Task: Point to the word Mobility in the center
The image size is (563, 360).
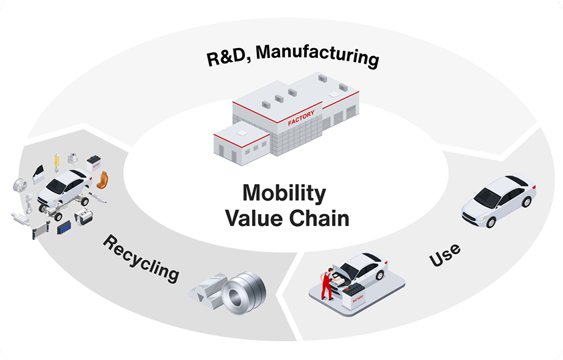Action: (x=285, y=193)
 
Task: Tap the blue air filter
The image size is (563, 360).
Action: (x=65, y=227)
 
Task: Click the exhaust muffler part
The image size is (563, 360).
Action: (x=21, y=217)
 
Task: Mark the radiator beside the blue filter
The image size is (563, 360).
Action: (x=41, y=226)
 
